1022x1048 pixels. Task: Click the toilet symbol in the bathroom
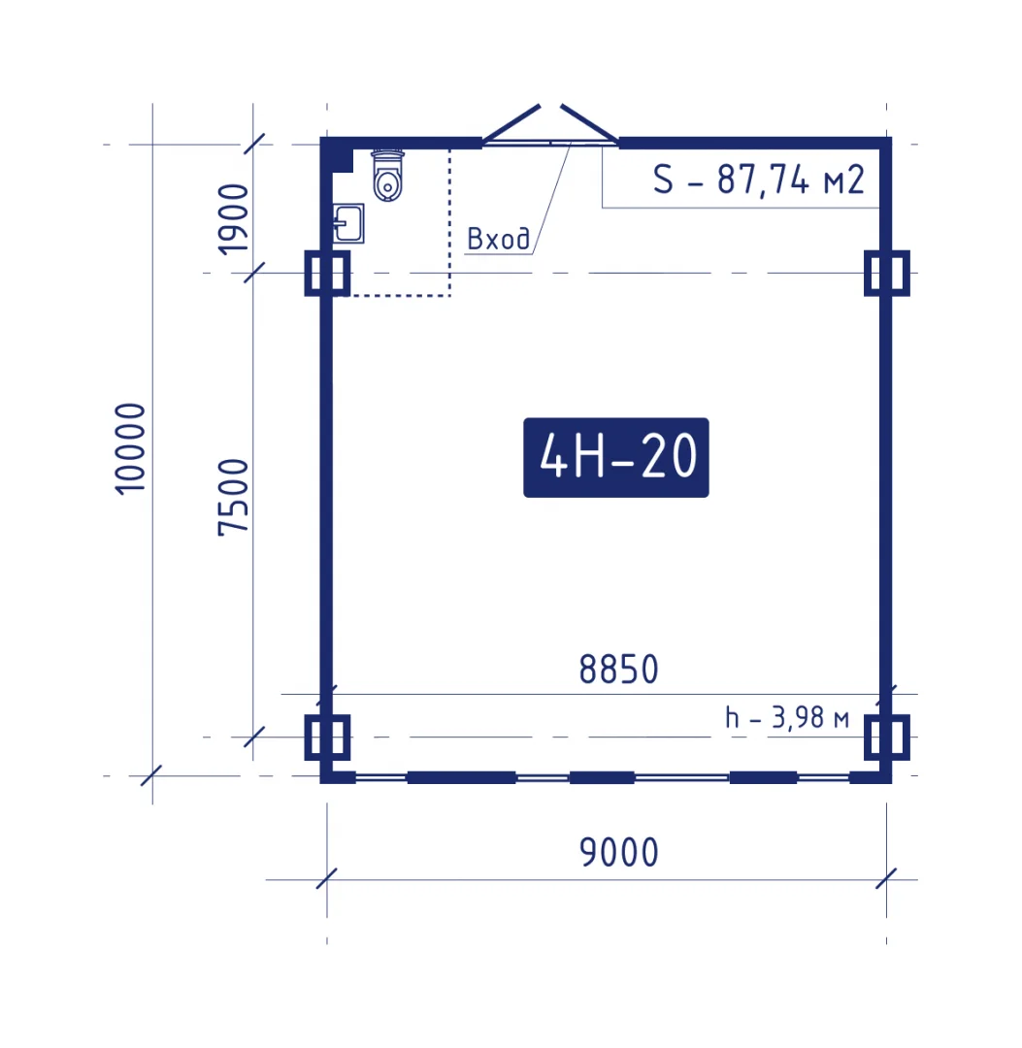point(387,175)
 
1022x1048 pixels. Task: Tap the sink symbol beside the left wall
point(348,223)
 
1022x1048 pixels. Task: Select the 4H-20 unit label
point(615,457)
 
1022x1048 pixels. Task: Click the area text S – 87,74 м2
point(759,180)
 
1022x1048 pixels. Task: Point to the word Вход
point(499,239)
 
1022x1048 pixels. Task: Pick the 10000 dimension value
point(130,448)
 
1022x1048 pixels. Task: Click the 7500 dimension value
point(233,497)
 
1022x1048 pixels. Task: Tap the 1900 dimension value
point(233,219)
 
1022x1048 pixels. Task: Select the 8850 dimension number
point(619,669)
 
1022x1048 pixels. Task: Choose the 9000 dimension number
point(619,852)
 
